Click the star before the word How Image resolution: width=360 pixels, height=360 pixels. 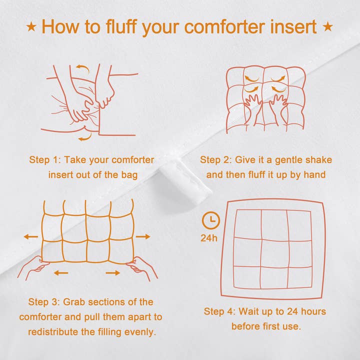(x=31, y=26)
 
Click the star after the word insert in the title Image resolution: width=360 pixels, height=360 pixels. (x=328, y=26)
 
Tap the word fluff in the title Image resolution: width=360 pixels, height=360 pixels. (x=120, y=26)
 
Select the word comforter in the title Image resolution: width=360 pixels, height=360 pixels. (x=220, y=26)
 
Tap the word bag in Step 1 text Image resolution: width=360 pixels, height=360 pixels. (x=127, y=174)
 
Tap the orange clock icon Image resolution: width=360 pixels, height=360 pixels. (x=210, y=219)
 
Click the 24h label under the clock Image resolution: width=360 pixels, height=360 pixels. (x=209, y=237)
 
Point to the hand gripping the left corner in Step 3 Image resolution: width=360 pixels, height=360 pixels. (x=35, y=269)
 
